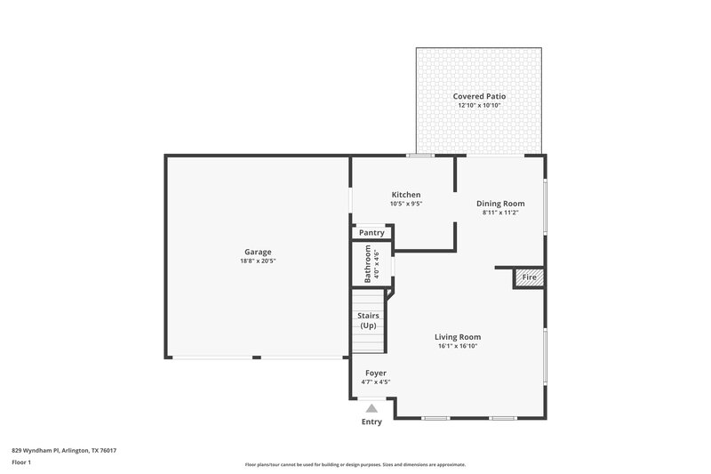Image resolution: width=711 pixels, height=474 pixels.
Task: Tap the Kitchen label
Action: pos(406,195)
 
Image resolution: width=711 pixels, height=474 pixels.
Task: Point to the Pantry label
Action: pos(371,233)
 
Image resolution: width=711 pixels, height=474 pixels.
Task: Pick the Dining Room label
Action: pos(500,203)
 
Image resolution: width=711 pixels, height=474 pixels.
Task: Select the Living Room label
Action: pos(458,337)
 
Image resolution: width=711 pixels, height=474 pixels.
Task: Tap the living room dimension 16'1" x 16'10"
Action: pos(458,347)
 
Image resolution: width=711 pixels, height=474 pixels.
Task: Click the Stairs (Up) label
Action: pos(368,320)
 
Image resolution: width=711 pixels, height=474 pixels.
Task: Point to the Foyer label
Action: pos(376,373)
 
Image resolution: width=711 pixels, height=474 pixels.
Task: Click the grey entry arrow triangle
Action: pos(371,408)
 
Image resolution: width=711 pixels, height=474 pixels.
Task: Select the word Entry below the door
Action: pos(371,422)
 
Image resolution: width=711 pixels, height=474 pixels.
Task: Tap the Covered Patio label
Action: pos(480,96)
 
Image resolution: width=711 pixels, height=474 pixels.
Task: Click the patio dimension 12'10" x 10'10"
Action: pos(480,106)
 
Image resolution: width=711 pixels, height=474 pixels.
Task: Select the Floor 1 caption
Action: pos(21,462)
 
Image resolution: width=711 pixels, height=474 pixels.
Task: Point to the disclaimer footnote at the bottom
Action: pos(355,464)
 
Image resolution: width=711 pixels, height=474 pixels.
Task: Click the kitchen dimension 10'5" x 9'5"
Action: pos(406,204)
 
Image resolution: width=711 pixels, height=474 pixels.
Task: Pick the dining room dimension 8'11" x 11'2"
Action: pos(500,213)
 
